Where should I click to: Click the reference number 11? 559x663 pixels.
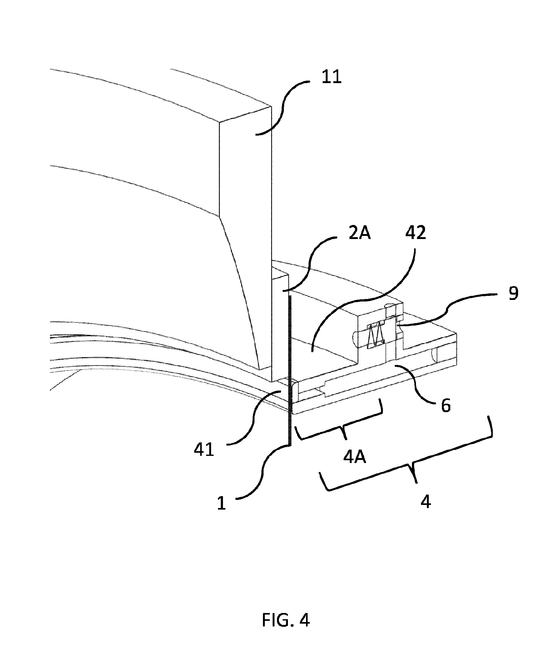[331, 77]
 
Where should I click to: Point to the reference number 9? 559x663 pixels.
[513, 294]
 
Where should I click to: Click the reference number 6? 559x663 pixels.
[446, 406]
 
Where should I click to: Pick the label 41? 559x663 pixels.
[204, 450]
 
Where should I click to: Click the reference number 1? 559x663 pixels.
[221, 503]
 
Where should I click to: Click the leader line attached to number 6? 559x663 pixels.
[415, 384]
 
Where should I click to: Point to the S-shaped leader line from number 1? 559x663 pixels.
[263, 472]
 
